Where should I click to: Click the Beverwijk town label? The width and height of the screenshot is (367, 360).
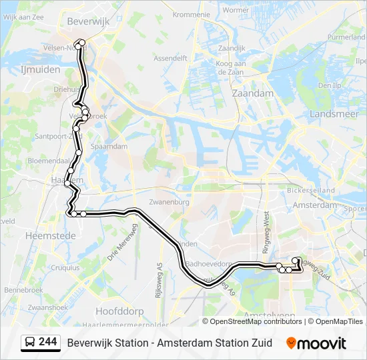[x=87, y=21]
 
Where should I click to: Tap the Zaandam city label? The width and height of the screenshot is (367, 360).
[x=252, y=93]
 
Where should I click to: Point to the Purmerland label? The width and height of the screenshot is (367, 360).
[x=346, y=38]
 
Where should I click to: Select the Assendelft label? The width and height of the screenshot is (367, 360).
[x=170, y=58]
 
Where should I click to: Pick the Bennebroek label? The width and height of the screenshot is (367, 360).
[x=24, y=290]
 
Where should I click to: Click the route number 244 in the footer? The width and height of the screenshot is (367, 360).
[x=47, y=342]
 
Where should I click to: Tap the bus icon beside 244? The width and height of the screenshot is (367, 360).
[x=30, y=343]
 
